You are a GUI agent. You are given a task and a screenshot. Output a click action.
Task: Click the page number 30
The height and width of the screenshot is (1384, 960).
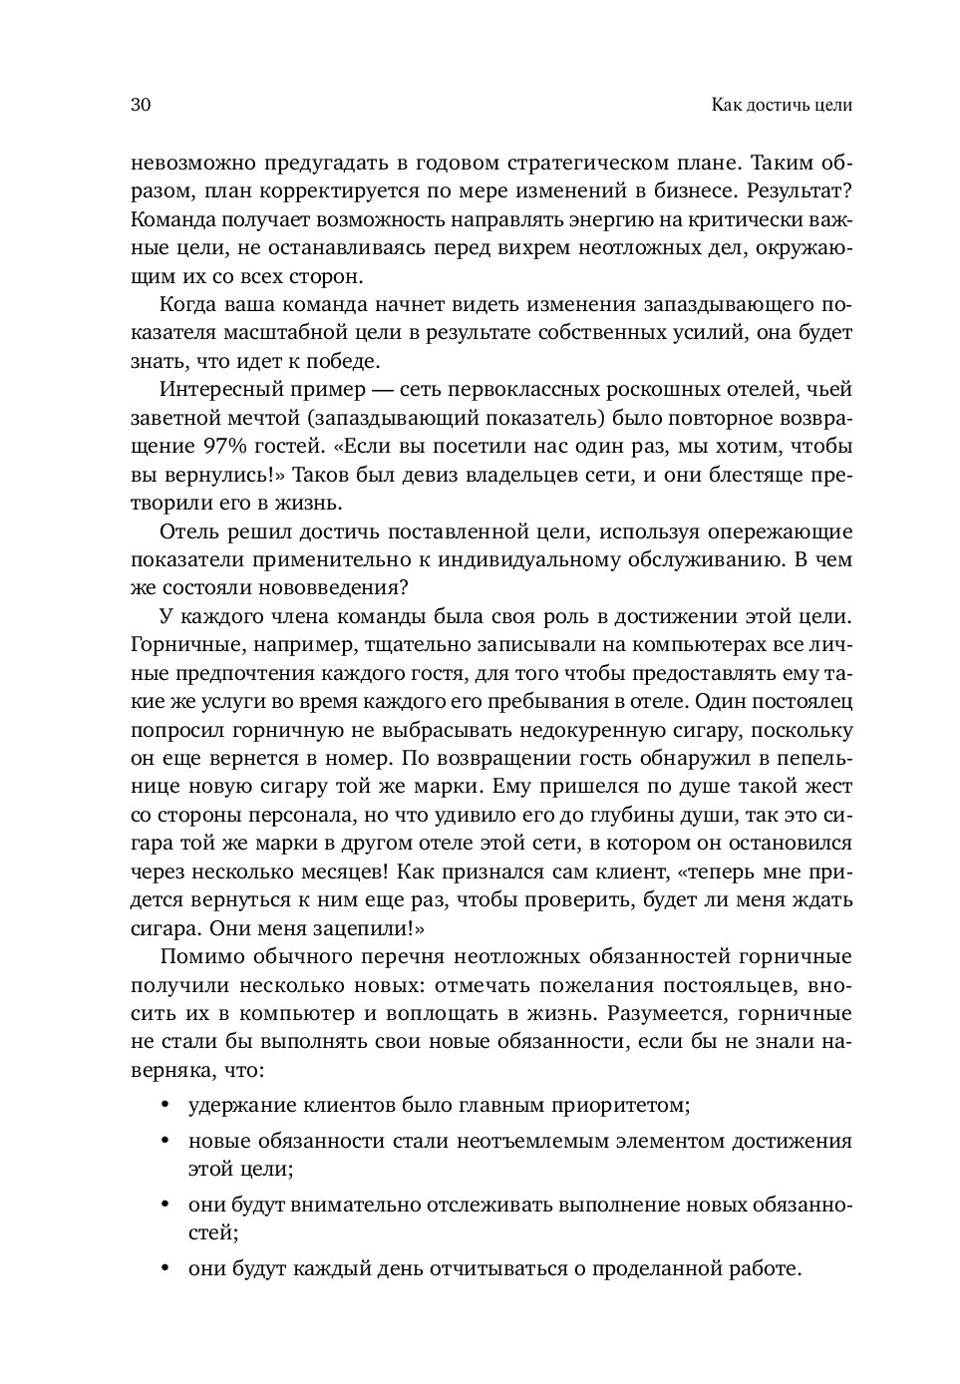140,105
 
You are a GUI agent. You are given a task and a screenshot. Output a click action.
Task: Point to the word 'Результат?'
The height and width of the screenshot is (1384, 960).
800,190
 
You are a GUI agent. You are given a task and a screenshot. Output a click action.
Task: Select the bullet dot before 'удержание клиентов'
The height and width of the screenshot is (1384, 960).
165,1106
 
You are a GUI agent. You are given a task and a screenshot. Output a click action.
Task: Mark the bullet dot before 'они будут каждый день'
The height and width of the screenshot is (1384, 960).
165,1269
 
